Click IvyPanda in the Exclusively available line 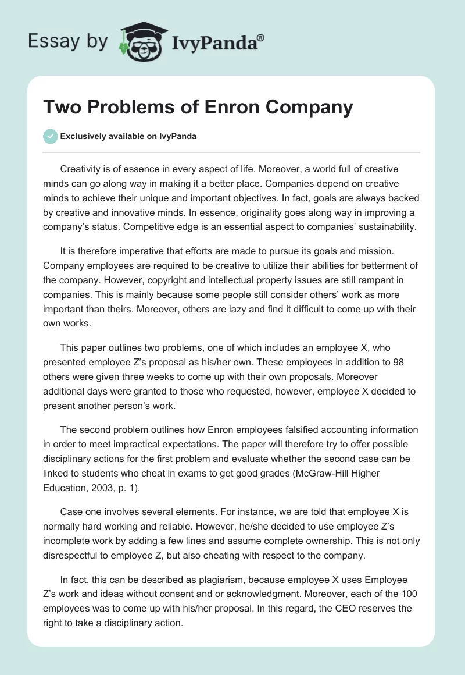click(x=177, y=136)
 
